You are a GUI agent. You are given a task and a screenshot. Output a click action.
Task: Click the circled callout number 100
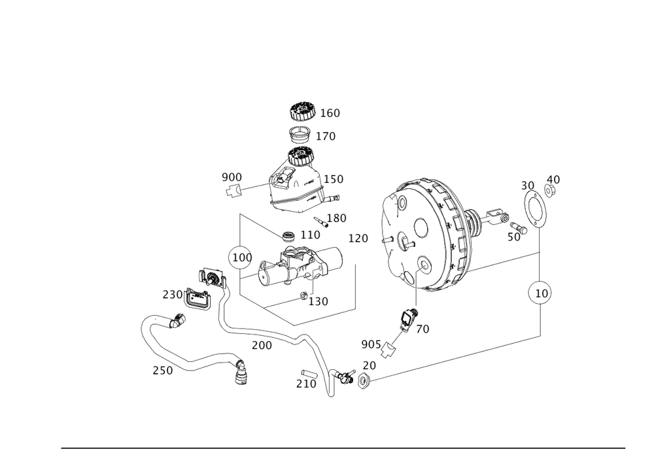pyautogui.click(x=241, y=257)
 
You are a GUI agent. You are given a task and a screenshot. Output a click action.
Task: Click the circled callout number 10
pyautogui.click(x=541, y=293)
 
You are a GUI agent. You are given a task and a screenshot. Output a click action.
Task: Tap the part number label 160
pyautogui.click(x=330, y=113)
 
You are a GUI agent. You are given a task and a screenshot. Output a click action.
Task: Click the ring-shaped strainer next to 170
pyautogui.click(x=300, y=134)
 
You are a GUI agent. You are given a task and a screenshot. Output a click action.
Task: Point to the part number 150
pyautogui.click(x=334, y=179)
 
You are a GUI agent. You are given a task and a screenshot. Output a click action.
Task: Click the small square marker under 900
pyautogui.click(x=233, y=191)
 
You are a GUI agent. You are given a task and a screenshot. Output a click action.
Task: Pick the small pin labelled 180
pyautogui.click(x=320, y=222)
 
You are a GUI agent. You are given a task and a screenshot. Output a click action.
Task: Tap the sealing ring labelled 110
pyautogui.click(x=288, y=236)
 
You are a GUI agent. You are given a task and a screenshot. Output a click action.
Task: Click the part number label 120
pyautogui.click(x=358, y=239)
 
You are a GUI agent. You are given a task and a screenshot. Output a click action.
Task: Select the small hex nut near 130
pyautogui.click(x=303, y=295)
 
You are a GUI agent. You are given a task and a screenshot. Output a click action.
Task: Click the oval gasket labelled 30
pyautogui.click(x=535, y=209)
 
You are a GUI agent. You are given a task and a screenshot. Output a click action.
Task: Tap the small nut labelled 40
pyautogui.click(x=550, y=191)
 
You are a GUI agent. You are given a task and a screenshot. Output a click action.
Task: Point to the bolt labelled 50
pyautogui.click(x=519, y=227)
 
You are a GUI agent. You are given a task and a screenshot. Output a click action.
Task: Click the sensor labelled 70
pyautogui.click(x=407, y=320)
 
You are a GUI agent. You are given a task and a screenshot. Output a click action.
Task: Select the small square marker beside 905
pyautogui.click(x=388, y=350)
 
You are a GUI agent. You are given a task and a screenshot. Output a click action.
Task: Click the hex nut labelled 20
pyautogui.click(x=364, y=381)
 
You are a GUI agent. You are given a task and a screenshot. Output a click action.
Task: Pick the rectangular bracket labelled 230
pyautogui.click(x=198, y=298)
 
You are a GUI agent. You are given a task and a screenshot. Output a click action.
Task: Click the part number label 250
pyautogui.click(x=163, y=371)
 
